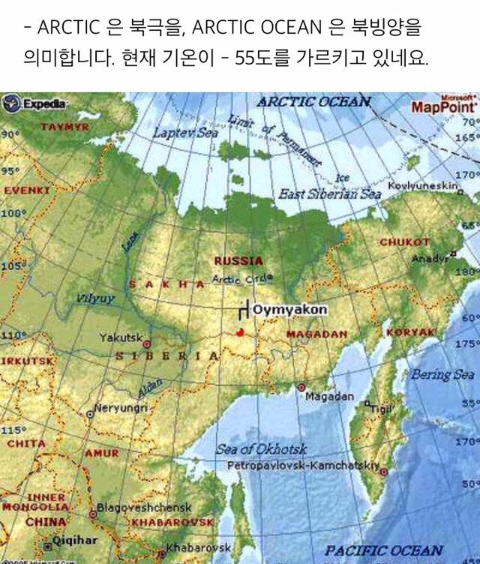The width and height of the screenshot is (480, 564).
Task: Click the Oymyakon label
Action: tap(279, 309)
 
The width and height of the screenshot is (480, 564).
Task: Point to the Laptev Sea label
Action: tap(185, 132)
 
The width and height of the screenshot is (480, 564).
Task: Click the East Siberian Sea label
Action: tap(330, 194)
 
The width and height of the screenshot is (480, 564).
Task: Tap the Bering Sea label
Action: tap(442, 373)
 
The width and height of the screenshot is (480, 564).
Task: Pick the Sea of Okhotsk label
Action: tap(261, 450)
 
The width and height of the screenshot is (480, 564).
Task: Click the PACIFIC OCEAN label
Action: tap(384, 550)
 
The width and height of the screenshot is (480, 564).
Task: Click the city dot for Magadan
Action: tap(301, 387)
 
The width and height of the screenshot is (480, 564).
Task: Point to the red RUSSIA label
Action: tap(238, 261)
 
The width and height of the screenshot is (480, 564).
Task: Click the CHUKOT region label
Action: tap(404, 242)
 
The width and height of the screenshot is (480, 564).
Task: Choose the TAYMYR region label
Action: tap(64, 127)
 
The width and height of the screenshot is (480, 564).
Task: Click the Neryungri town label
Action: tap(121, 408)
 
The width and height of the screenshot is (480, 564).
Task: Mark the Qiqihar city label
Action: tap(75, 540)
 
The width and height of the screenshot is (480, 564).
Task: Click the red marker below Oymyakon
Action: tap(240, 331)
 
